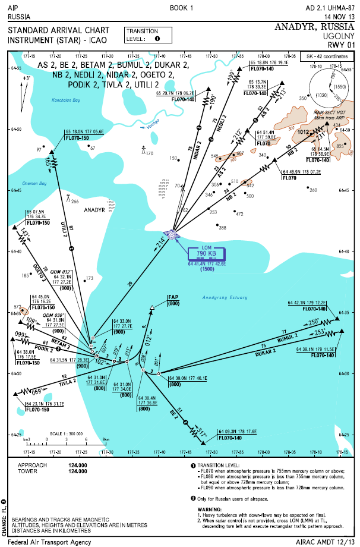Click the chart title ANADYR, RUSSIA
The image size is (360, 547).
coord(312,27)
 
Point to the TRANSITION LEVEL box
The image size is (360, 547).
coord(148,35)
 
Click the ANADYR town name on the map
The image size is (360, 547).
coord(94,210)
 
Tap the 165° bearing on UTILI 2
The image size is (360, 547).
coord(48,161)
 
